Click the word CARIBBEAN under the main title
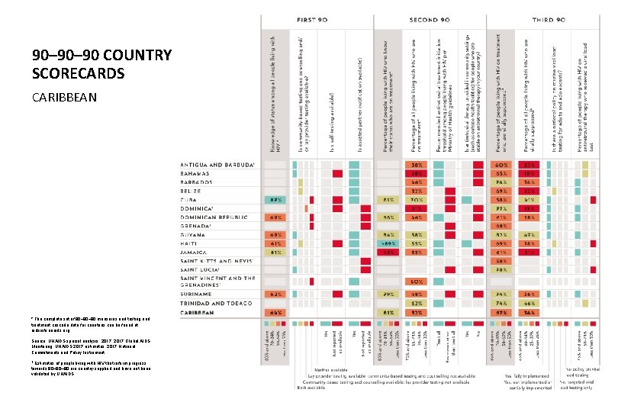tap(65, 98)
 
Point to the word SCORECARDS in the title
tap(76, 73)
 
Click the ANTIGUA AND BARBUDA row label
tap(217, 165)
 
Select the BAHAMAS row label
tap(197, 174)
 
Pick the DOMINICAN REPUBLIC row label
tap(214, 217)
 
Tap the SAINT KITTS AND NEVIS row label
tap(215, 261)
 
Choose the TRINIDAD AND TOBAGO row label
tap(215, 302)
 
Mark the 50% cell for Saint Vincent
tap(417, 282)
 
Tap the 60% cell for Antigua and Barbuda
tap(501, 166)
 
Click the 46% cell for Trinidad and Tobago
tap(528, 303)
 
